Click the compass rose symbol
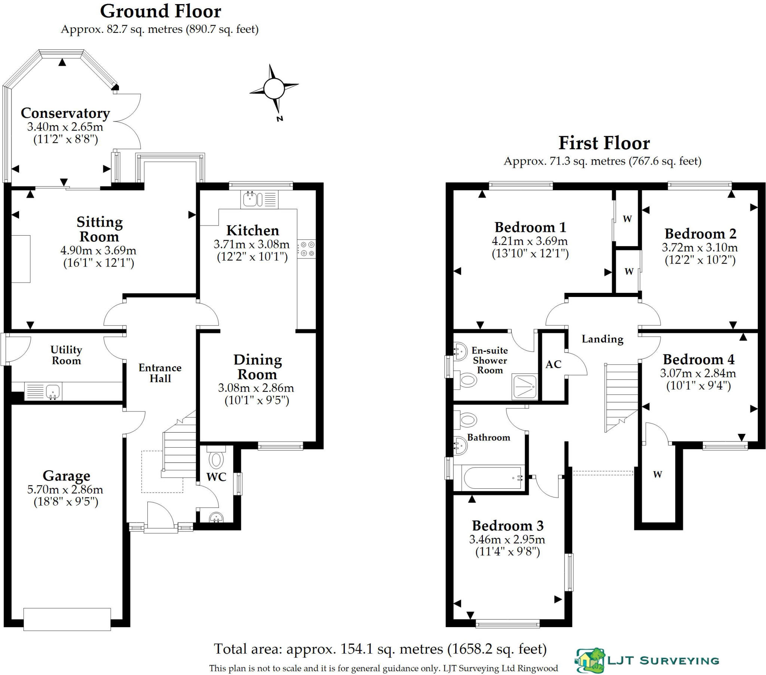coord(274,89)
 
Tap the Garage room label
coord(66,476)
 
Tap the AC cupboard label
coord(553,364)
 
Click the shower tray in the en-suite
coord(525,386)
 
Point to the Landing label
coord(602,339)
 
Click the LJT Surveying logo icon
coord(591,660)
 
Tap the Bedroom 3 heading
coord(508,526)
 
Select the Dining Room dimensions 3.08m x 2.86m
coord(256,387)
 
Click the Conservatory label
coord(65,113)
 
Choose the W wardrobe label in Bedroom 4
coord(657,474)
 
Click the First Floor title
coord(604,143)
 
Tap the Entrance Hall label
coord(160,373)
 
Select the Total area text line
coord(380,649)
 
